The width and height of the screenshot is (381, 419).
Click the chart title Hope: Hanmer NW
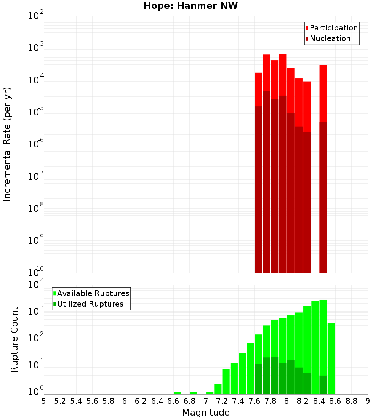(x=190, y=6)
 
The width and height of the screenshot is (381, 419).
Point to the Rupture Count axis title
(x=14, y=339)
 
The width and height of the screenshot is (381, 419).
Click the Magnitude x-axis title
(x=206, y=412)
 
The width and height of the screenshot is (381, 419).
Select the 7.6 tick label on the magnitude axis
(x=254, y=401)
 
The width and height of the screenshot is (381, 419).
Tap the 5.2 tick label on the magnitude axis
(x=60, y=401)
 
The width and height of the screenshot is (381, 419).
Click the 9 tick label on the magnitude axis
(x=368, y=401)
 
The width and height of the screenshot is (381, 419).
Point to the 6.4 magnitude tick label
(x=157, y=401)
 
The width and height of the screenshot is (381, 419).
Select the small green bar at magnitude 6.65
(x=177, y=393)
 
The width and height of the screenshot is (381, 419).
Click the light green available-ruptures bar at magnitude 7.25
(x=226, y=381)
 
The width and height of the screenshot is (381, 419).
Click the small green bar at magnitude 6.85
(x=194, y=393)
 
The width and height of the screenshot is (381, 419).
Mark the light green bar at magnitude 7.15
(x=218, y=389)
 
